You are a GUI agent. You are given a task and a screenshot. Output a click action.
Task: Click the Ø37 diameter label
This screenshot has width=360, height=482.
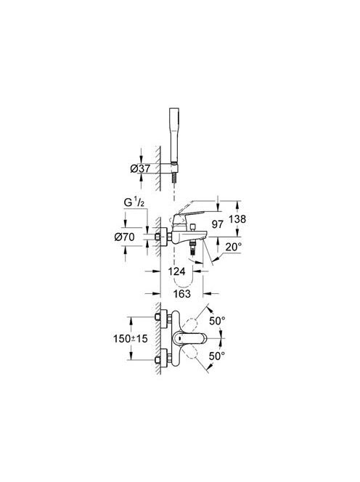tap(140, 168)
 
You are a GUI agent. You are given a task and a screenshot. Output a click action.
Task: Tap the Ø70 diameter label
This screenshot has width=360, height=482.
tap(124, 237)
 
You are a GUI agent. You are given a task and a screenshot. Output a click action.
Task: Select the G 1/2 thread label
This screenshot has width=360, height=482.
tap(134, 203)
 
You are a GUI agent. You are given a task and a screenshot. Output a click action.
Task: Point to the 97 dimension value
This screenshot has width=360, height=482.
tap(217, 224)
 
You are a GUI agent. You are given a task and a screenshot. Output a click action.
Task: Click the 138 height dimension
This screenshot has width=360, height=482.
tap(237, 219)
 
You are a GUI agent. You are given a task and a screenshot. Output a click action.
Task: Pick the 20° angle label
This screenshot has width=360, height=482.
tap(233, 247)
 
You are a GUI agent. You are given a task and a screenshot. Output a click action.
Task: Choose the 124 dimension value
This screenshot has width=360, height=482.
tap(177, 271)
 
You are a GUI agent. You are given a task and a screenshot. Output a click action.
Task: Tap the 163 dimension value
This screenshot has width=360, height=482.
tap(181, 293)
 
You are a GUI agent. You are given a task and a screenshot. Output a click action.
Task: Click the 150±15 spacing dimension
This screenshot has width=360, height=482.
tap(131, 338)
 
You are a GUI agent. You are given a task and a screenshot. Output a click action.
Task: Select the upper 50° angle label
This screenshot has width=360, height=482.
tap(217, 321)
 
